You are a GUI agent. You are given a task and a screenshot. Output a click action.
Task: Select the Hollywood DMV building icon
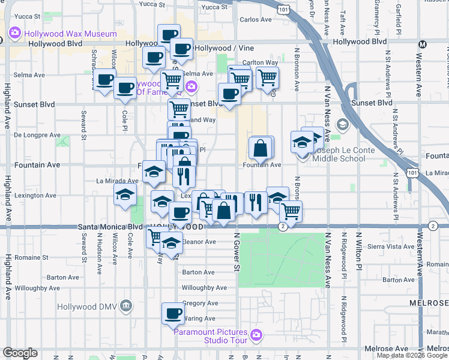[x=125, y=306]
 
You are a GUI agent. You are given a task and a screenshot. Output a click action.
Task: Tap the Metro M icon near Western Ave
[x=423, y=44]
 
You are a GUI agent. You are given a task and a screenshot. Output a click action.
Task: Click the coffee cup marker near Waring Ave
[x=173, y=313]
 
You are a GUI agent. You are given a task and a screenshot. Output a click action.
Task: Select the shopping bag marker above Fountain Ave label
[x=261, y=147]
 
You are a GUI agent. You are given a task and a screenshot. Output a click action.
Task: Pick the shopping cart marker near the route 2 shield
[x=291, y=211]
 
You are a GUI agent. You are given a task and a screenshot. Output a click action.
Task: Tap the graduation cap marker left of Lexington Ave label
[x=125, y=194]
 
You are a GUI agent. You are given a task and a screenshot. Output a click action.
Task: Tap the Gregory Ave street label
[x=202, y=304]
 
